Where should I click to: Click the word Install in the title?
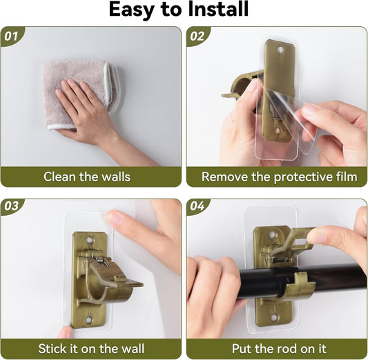point(218,9)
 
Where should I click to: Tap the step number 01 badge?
point(12,36)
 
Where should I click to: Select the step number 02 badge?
point(197,36)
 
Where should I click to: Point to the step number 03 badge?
point(12,206)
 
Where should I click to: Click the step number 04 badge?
point(197,206)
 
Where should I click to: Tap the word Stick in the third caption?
point(52,349)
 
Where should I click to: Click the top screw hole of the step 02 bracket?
point(280,50)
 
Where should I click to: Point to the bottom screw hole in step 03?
point(88,319)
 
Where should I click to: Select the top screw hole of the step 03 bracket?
point(90,240)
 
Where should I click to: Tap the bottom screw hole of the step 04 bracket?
point(274,318)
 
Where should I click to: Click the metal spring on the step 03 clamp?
point(99,259)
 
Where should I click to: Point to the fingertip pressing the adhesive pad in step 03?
point(113,217)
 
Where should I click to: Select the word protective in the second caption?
point(301,177)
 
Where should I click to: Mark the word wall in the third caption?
point(133,349)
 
